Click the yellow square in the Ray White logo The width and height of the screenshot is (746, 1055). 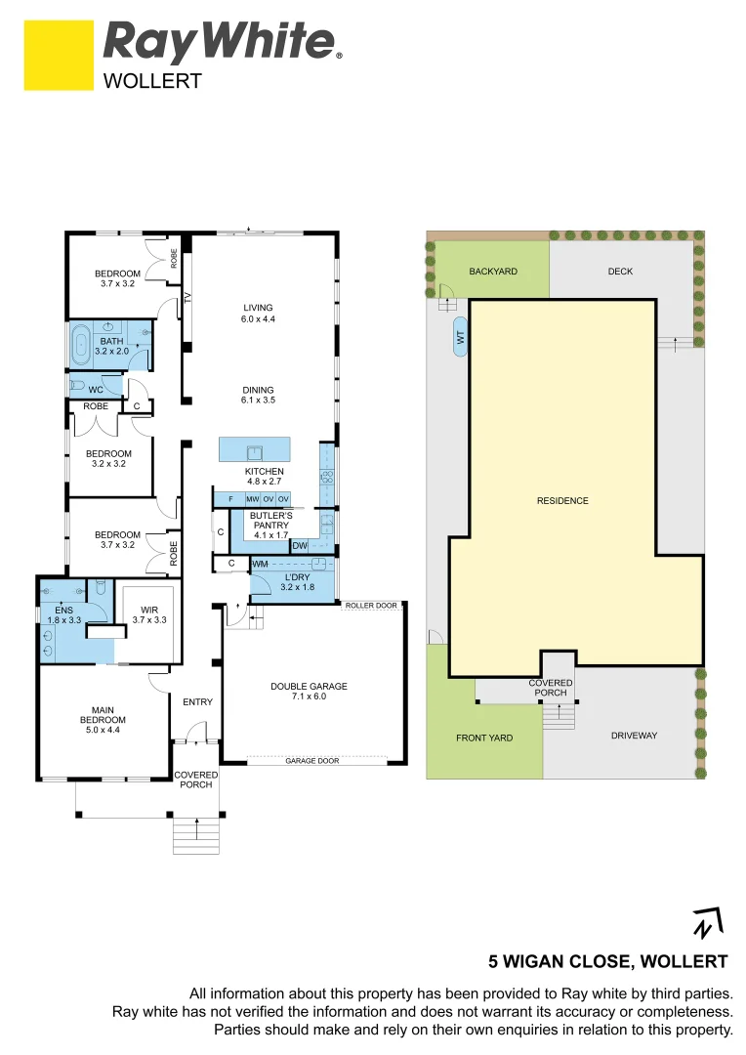pos(59,55)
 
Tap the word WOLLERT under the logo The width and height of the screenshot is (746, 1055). pos(152,81)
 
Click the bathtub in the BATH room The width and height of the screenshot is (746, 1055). pos(80,344)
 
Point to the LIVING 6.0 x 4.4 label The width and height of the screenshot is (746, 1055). pos(258,314)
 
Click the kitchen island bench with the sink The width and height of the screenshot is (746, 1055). pos(254,450)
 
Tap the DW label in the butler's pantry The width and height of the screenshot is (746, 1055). pos(300,545)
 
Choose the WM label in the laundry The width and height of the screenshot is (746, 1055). pos(260,565)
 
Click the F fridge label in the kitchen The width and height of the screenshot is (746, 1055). pos(229,499)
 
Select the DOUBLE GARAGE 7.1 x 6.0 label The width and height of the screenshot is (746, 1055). pos(309,692)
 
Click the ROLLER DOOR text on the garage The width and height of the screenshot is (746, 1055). pos(371,606)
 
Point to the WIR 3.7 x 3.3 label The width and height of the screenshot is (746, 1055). pos(148,613)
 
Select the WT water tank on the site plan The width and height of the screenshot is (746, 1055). pos(459,338)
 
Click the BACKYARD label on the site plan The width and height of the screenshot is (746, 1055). pos(492,272)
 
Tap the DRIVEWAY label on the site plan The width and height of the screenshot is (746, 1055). pos(634,736)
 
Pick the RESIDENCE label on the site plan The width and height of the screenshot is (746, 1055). pos(562,501)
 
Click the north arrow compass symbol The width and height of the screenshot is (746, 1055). pos(705,923)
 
